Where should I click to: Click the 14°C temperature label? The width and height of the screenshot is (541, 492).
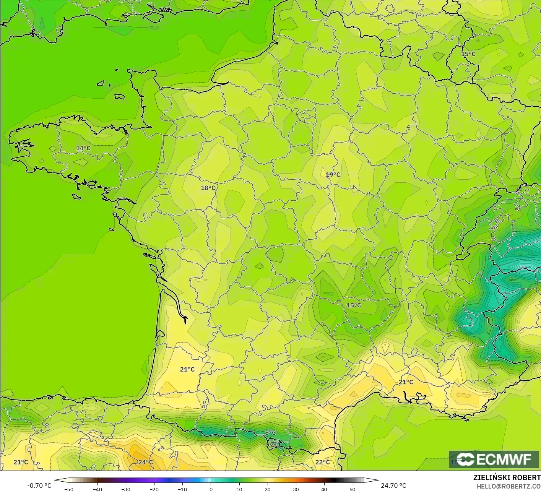tap(83, 148)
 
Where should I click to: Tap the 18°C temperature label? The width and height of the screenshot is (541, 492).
tap(208, 188)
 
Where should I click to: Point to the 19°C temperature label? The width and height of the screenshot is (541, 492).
tap(333, 175)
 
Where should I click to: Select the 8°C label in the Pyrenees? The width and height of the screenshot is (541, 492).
tap(270, 433)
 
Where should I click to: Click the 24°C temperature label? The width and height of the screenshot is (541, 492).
tap(145, 462)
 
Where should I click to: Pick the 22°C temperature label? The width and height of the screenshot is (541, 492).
tap(322, 462)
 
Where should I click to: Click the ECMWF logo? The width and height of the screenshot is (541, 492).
tap(494, 459)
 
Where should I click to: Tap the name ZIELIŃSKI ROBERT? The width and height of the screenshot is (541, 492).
tap(507, 477)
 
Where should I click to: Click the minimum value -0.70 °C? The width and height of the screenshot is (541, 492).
tap(39, 486)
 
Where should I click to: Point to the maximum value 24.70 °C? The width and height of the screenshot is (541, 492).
tap(393, 486)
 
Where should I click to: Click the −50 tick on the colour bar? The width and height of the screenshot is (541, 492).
tap(69, 489)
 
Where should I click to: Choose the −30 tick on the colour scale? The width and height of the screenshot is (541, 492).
tap(126, 489)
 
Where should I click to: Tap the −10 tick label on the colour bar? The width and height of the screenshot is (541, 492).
tap(182, 489)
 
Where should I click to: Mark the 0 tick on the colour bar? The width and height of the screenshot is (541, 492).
tap(211, 489)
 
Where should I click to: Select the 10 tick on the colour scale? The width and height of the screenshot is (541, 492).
tap(239, 489)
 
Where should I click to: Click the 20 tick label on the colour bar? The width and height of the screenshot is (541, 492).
tap(268, 489)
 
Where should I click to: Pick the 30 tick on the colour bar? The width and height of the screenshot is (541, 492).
tap(296, 489)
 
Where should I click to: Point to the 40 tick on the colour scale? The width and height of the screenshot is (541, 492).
tap(324, 489)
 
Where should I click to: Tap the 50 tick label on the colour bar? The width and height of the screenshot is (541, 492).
tap(353, 489)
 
